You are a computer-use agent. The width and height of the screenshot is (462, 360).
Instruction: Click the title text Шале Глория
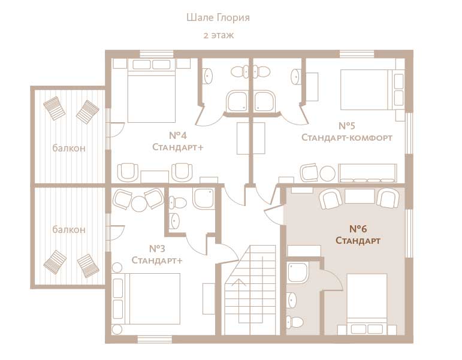point(218,18)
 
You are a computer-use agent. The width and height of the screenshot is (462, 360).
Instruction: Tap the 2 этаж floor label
point(218,35)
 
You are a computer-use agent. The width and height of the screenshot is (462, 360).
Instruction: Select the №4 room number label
point(178,135)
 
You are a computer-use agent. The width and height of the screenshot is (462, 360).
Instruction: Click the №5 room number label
point(347,126)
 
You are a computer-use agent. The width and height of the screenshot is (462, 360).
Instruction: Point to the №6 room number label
point(358,229)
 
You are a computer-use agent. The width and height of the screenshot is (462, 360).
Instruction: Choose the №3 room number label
point(157,249)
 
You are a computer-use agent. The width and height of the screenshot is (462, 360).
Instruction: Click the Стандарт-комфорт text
point(347,138)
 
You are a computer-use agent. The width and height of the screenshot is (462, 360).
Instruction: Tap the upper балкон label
point(69,147)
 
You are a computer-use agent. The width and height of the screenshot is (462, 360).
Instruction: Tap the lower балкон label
point(69,229)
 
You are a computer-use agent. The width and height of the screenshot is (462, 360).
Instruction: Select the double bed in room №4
point(152,91)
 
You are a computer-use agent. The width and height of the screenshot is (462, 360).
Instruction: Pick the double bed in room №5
point(372,90)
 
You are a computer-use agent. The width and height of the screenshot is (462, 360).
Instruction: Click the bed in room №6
point(367,304)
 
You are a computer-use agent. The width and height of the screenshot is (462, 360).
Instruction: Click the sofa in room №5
point(367,173)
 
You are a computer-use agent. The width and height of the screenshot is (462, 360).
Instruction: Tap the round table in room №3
point(138,204)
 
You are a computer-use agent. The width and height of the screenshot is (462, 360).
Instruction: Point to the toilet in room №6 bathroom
point(295,322)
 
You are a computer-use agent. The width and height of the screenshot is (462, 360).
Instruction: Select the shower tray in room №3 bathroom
point(203,198)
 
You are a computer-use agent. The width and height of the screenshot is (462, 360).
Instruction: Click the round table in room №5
point(327,174)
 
